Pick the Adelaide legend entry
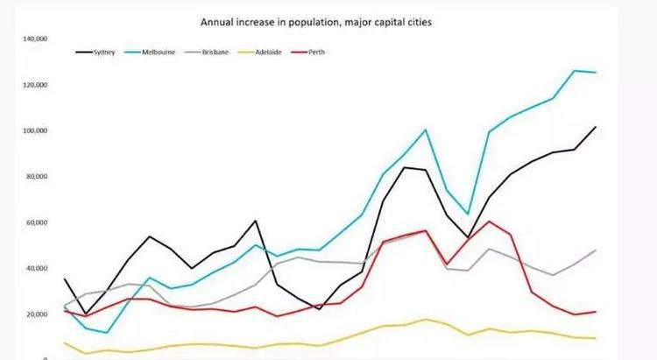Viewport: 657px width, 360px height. pos(266,53)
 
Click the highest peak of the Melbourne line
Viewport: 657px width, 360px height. pos(575,71)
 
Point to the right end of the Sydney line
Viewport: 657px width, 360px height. pos(596,127)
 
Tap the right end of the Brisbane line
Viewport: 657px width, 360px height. pos(596,251)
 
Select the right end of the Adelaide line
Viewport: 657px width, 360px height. pos(596,338)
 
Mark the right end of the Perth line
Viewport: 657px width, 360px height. pos(596,312)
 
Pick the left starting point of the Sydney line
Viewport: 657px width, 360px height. pos(65,279)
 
